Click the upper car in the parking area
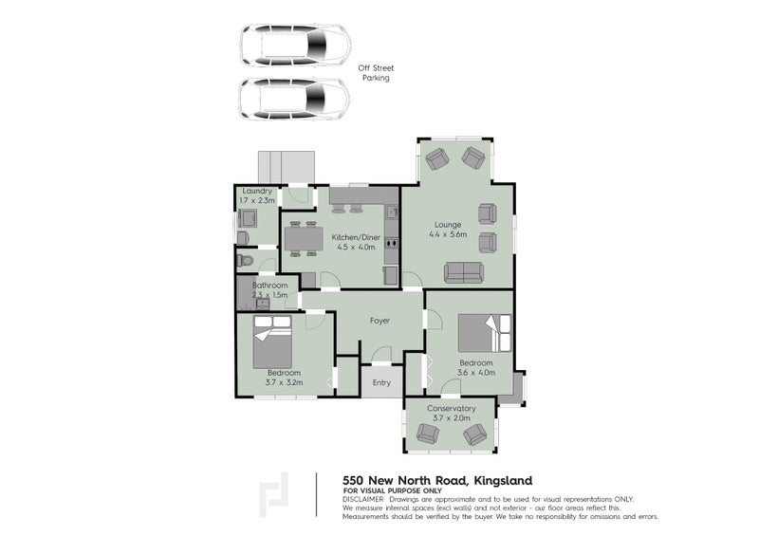pos(295,43)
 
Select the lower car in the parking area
pos(295,98)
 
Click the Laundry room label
pos(257,192)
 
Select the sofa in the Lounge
pos(463,272)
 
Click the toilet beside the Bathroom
pos(245,260)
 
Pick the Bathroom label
pos(269,286)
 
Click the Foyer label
pos(379,321)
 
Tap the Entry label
pos(381,382)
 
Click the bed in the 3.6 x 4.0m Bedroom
pos(485,332)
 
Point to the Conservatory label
pos(451,408)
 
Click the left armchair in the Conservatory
pos(428,434)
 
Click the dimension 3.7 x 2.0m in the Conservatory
pos(451,417)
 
